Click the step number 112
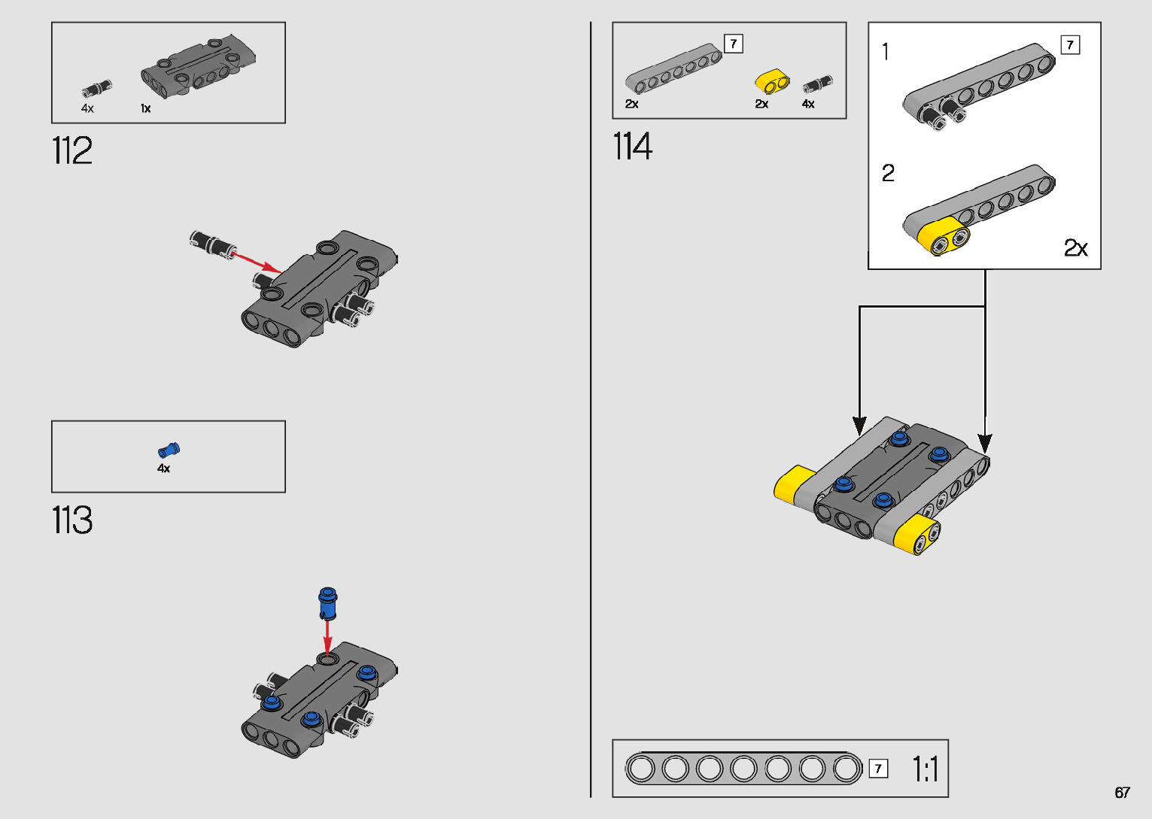point(72,151)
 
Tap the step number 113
point(72,520)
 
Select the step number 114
point(632,146)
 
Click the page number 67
point(1122,793)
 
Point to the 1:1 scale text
point(925,769)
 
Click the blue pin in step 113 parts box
point(169,450)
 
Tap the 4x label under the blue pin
point(163,469)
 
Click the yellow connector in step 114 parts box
point(772,82)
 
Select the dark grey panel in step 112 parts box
point(199,65)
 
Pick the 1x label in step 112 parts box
point(145,109)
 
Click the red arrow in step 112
point(256,262)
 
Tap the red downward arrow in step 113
point(327,636)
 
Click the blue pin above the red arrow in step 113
point(327,601)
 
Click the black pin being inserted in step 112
point(211,244)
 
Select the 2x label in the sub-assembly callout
point(1075,248)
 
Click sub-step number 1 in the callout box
point(886,52)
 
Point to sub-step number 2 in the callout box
point(888,174)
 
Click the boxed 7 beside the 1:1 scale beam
point(878,769)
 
